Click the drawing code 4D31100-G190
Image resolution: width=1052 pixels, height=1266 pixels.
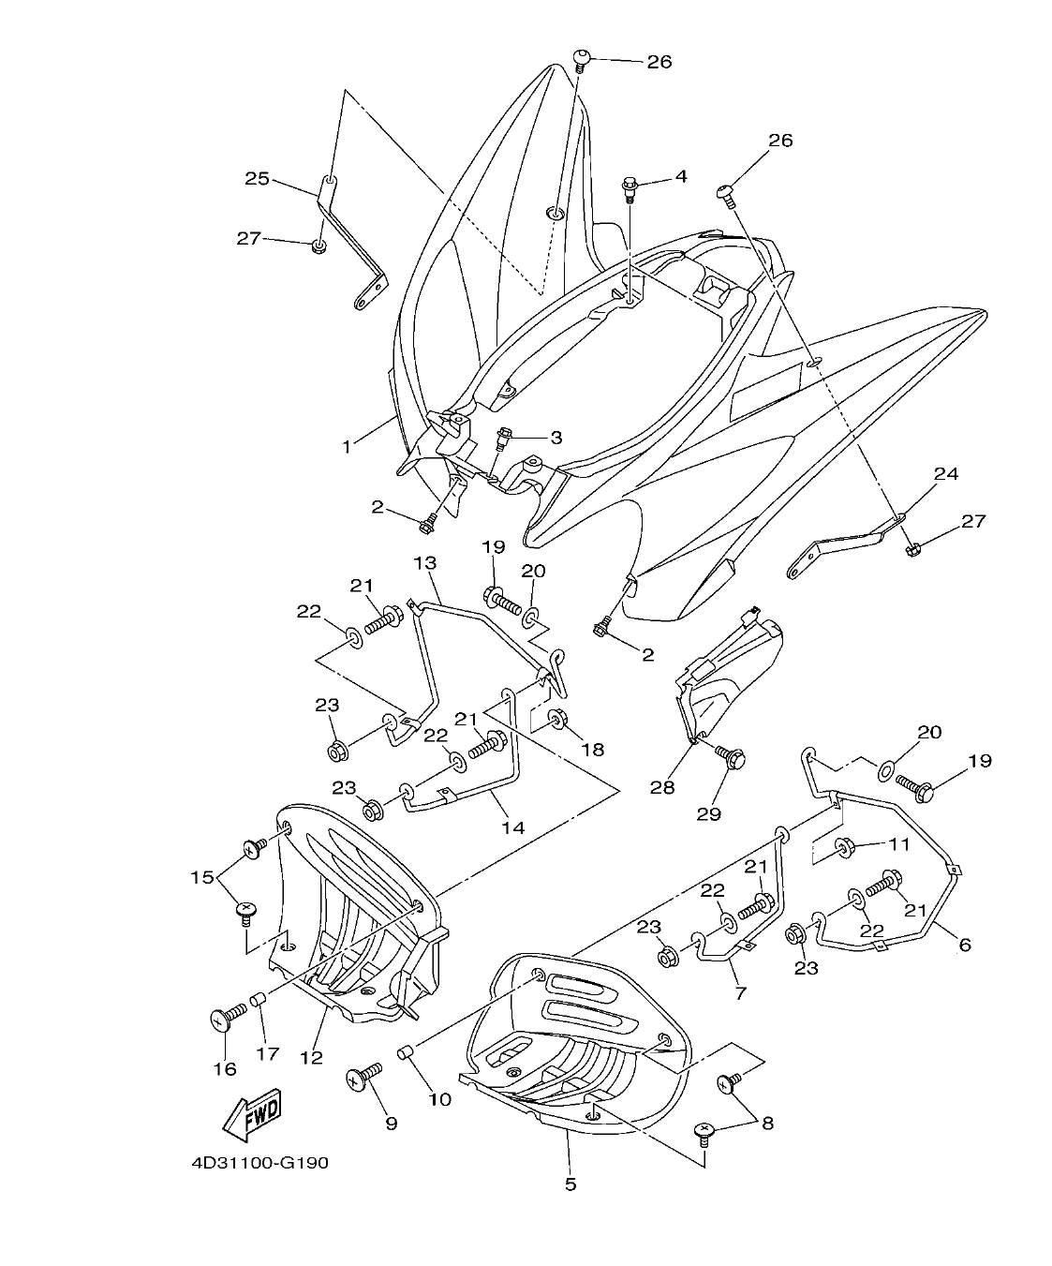[x=259, y=1163]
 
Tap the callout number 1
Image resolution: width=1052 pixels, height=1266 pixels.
[x=347, y=447]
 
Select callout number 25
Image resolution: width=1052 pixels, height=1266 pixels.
[x=258, y=177]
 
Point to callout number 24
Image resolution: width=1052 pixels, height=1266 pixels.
[x=946, y=474]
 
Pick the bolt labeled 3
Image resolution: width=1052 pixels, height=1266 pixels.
[x=504, y=437]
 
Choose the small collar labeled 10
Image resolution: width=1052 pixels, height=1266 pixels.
[x=407, y=1054]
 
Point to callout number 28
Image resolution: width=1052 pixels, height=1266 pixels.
[x=662, y=787]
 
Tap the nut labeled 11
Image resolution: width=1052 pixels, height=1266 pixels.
[x=844, y=848]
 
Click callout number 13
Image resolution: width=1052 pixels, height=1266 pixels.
[x=425, y=562]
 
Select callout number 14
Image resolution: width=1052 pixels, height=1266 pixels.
[x=512, y=827]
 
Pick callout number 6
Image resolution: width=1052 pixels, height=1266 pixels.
[x=965, y=945]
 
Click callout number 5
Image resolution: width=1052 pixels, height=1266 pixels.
[x=570, y=1184]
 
